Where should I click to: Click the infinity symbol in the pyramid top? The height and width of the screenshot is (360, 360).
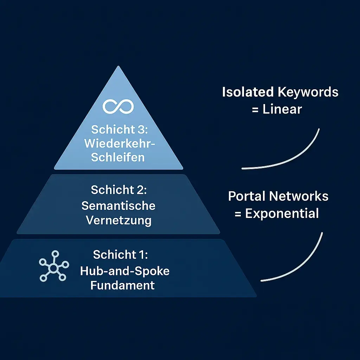(x=118, y=106)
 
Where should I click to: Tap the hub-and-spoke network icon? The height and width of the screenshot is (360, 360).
(x=53, y=266)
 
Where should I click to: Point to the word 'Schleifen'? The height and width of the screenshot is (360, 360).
(x=118, y=157)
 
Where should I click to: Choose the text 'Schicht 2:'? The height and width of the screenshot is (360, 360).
(x=118, y=190)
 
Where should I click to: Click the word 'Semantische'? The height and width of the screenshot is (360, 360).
(x=118, y=205)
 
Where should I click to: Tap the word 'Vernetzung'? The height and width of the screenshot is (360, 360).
(x=118, y=220)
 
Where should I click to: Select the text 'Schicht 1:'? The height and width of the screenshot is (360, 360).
(x=121, y=255)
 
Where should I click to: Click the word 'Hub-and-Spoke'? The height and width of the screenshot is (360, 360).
(x=125, y=271)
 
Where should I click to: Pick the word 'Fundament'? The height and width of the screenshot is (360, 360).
(x=122, y=285)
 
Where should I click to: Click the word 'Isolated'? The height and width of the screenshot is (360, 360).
(x=248, y=92)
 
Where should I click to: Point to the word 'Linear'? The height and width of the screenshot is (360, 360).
(x=282, y=109)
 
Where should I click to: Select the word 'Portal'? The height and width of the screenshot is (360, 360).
(x=247, y=196)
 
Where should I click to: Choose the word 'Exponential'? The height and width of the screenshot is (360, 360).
(x=282, y=213)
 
